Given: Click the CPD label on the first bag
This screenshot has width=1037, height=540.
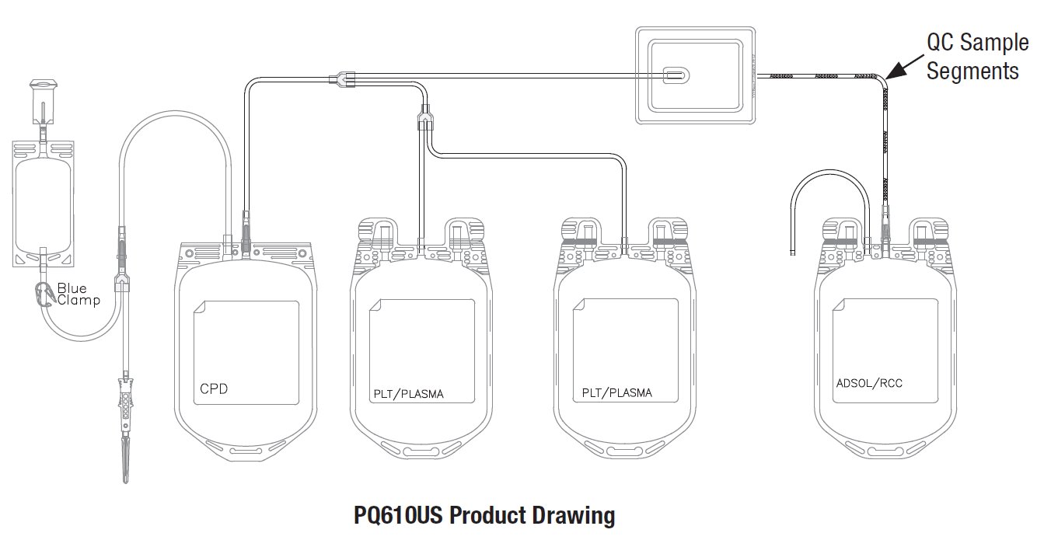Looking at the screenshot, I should [214, 388].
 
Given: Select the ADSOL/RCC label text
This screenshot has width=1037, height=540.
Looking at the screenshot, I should [870, 383].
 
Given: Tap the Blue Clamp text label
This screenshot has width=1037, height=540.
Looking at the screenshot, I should [78, 294].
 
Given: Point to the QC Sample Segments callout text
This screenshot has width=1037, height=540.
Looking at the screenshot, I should [972, 56].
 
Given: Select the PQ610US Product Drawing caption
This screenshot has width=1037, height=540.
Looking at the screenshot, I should [484, 515].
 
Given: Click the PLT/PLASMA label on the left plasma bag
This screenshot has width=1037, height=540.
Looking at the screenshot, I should [407, 394].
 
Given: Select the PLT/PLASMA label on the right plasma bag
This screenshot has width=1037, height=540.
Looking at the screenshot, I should [616, 393].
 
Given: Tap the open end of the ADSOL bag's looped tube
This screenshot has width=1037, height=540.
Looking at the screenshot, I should [790, 253].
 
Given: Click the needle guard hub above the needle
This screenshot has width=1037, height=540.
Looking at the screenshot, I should [124, 400].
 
